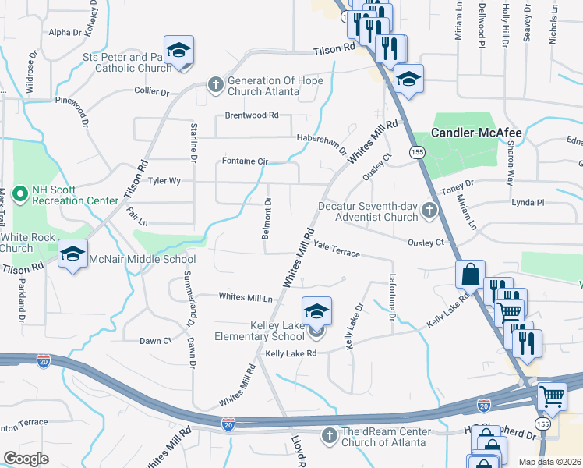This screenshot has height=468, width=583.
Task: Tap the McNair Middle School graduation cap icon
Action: pos(73,253)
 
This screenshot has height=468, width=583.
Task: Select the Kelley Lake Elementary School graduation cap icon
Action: pos(316,311)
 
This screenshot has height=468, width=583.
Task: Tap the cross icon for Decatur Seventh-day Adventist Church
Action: pos(429,211)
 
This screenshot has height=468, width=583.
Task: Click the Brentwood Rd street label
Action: pos(252,115)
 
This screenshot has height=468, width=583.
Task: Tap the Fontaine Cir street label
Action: pos(245,161)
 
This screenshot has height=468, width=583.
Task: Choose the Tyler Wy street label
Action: pos(164,181)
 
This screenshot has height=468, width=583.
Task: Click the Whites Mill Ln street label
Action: pos(246,297)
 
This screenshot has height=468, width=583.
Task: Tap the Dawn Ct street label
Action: pos(155,341)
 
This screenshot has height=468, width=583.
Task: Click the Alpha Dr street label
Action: pos(65,33)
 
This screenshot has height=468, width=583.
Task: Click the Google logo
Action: pos(26,458)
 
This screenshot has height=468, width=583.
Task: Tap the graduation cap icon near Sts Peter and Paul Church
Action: pos(178,51)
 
